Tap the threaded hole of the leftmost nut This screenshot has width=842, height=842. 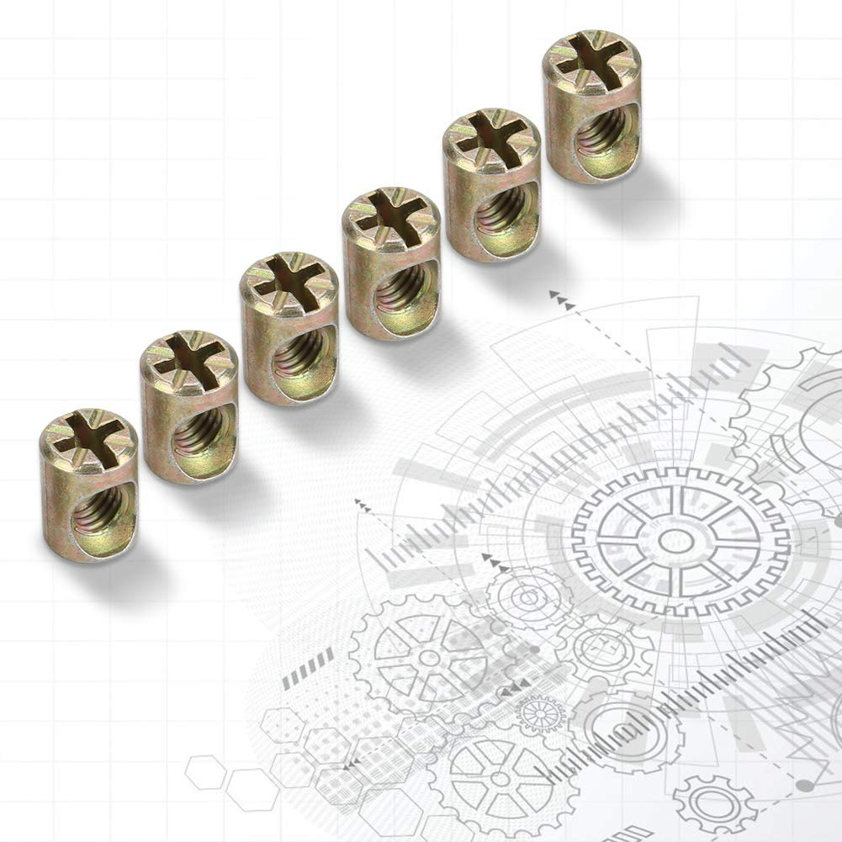(x=102, y=514)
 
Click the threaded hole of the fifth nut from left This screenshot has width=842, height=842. (x=503, y=215)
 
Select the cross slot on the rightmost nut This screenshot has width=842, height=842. (x=590, y=56)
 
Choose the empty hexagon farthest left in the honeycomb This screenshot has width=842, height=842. (x=204, y=773)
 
